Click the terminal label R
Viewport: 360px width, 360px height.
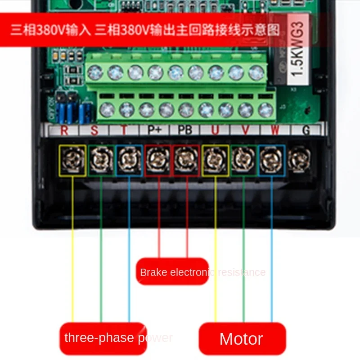(64, 130)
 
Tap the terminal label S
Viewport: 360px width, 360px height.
(94, 130)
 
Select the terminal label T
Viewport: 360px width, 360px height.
(124, 130)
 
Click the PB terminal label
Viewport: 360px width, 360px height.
(185, 130)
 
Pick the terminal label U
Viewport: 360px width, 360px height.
(216, 130)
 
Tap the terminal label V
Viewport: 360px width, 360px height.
(246, 130)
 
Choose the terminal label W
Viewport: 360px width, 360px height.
(275, 130)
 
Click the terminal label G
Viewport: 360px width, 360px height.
(306, 130)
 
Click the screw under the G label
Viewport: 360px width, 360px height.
(299, 159)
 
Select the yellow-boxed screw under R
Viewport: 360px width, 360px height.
(72, 160)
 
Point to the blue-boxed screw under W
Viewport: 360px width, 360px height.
(271, 160)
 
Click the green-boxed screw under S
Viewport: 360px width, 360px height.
(101, 160)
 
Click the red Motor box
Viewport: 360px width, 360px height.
(242, 338)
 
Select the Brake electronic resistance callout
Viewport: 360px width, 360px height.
(173, 271)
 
